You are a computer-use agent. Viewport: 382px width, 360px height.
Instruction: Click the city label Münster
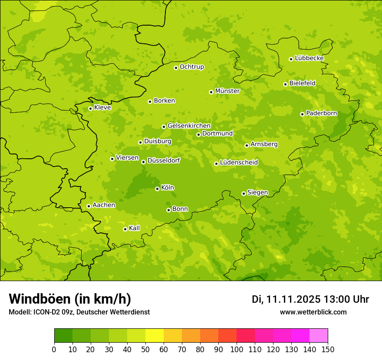(227, 91)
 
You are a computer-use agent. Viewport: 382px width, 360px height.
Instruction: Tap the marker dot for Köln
(157, 189)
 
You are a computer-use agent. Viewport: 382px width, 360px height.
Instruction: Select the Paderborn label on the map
(321, 113)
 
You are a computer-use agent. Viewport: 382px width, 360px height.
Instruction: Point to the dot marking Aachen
(89, 206)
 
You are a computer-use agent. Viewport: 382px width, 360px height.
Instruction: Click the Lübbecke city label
(309, 58)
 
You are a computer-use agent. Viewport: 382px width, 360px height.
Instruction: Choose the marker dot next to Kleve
(90, 108)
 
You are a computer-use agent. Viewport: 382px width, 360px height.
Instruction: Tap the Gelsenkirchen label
(189, 126)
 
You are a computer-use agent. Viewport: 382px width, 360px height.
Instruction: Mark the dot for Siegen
(244, 193)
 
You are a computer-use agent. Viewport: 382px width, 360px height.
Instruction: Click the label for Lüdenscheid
(239, 163)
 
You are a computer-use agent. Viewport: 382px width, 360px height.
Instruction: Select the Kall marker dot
(125, 229)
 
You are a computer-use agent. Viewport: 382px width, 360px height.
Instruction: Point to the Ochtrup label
(191, 67)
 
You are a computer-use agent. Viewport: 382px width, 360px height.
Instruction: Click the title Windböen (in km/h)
(70, 299)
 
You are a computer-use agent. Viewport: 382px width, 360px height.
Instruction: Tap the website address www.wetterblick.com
(313, 312)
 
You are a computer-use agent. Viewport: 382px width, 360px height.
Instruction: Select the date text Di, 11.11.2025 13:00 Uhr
(310, 299)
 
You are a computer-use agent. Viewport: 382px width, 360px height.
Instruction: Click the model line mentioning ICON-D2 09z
(79, 312)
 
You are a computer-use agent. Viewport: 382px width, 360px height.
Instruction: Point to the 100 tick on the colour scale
(237, 350)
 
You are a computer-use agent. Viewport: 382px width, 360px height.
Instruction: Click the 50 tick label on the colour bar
(145, 350)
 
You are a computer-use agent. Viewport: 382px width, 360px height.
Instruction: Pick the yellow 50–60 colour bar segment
(155, 336)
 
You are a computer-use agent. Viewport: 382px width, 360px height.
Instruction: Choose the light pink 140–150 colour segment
(319, 336)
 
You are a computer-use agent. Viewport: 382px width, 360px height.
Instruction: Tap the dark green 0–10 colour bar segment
(63, 336)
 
